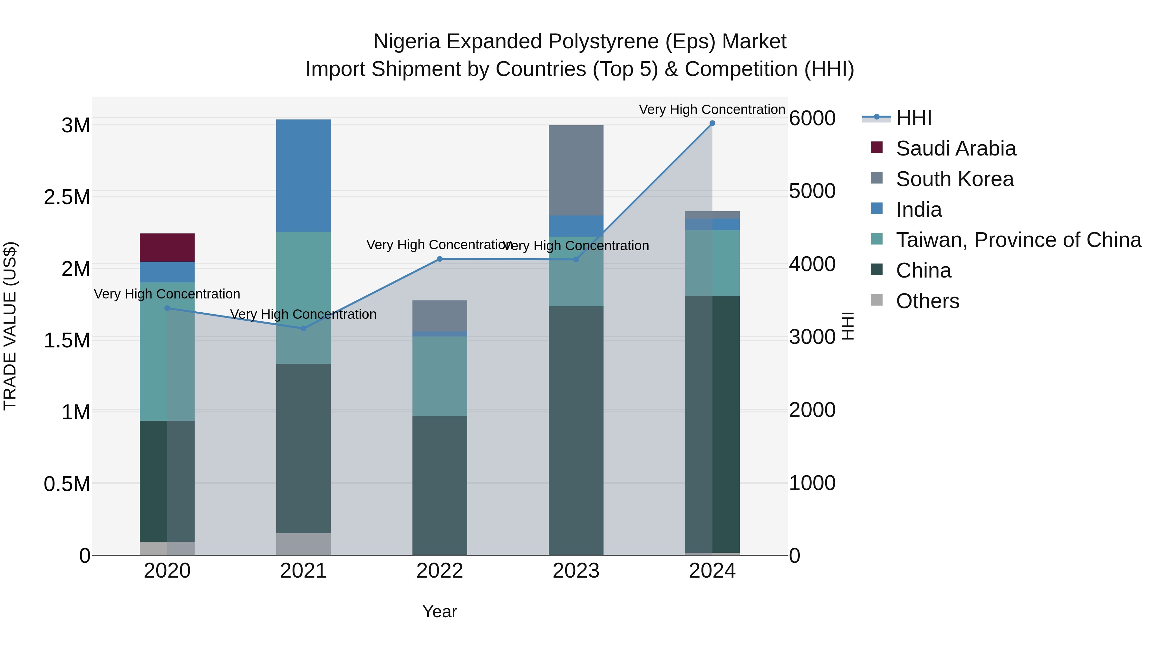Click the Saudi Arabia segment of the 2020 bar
pos(167,248)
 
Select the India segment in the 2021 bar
pos(303,175)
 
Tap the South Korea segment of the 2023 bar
pos(576,170)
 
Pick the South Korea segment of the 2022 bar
pos(440,316)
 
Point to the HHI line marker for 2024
pos(712,123)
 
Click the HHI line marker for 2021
pos(303,328)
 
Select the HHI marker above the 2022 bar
pos(440,259)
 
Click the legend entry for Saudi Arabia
pos(956,148)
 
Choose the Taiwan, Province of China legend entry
pos(1018,240)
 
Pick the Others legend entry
pos(927,301)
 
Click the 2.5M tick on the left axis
pos(67,197)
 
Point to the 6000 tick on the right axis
pos(812,118)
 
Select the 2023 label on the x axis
pos(576,571)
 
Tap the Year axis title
pos(440,611)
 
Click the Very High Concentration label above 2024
pos(711,109)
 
